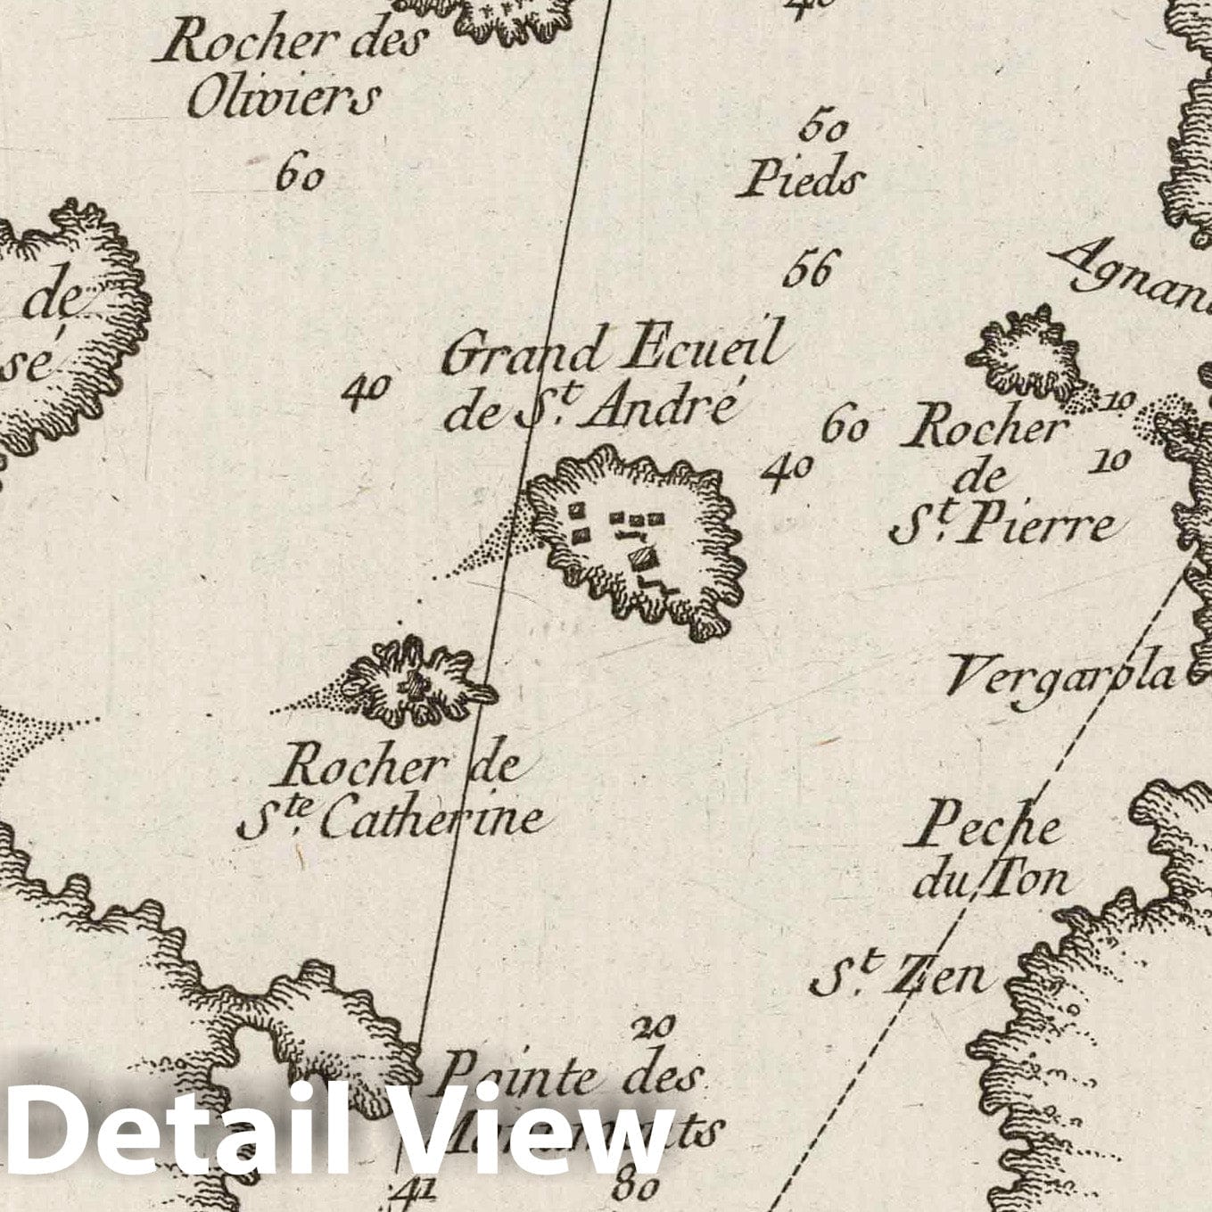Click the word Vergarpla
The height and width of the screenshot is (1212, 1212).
coord(1061,676)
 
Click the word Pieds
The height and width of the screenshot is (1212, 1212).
coord(799,180)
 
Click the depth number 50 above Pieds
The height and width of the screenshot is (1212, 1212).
coord(822,129)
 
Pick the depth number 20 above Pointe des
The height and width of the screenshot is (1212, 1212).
coord(653,1027)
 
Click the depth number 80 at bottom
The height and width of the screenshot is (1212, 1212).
coord(636,1187)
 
